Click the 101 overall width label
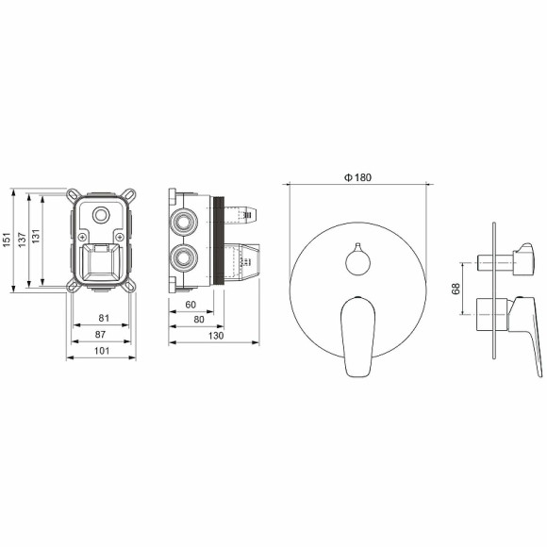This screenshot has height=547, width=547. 101,351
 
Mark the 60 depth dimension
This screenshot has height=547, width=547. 191,306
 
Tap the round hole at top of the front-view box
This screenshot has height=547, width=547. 101,216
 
